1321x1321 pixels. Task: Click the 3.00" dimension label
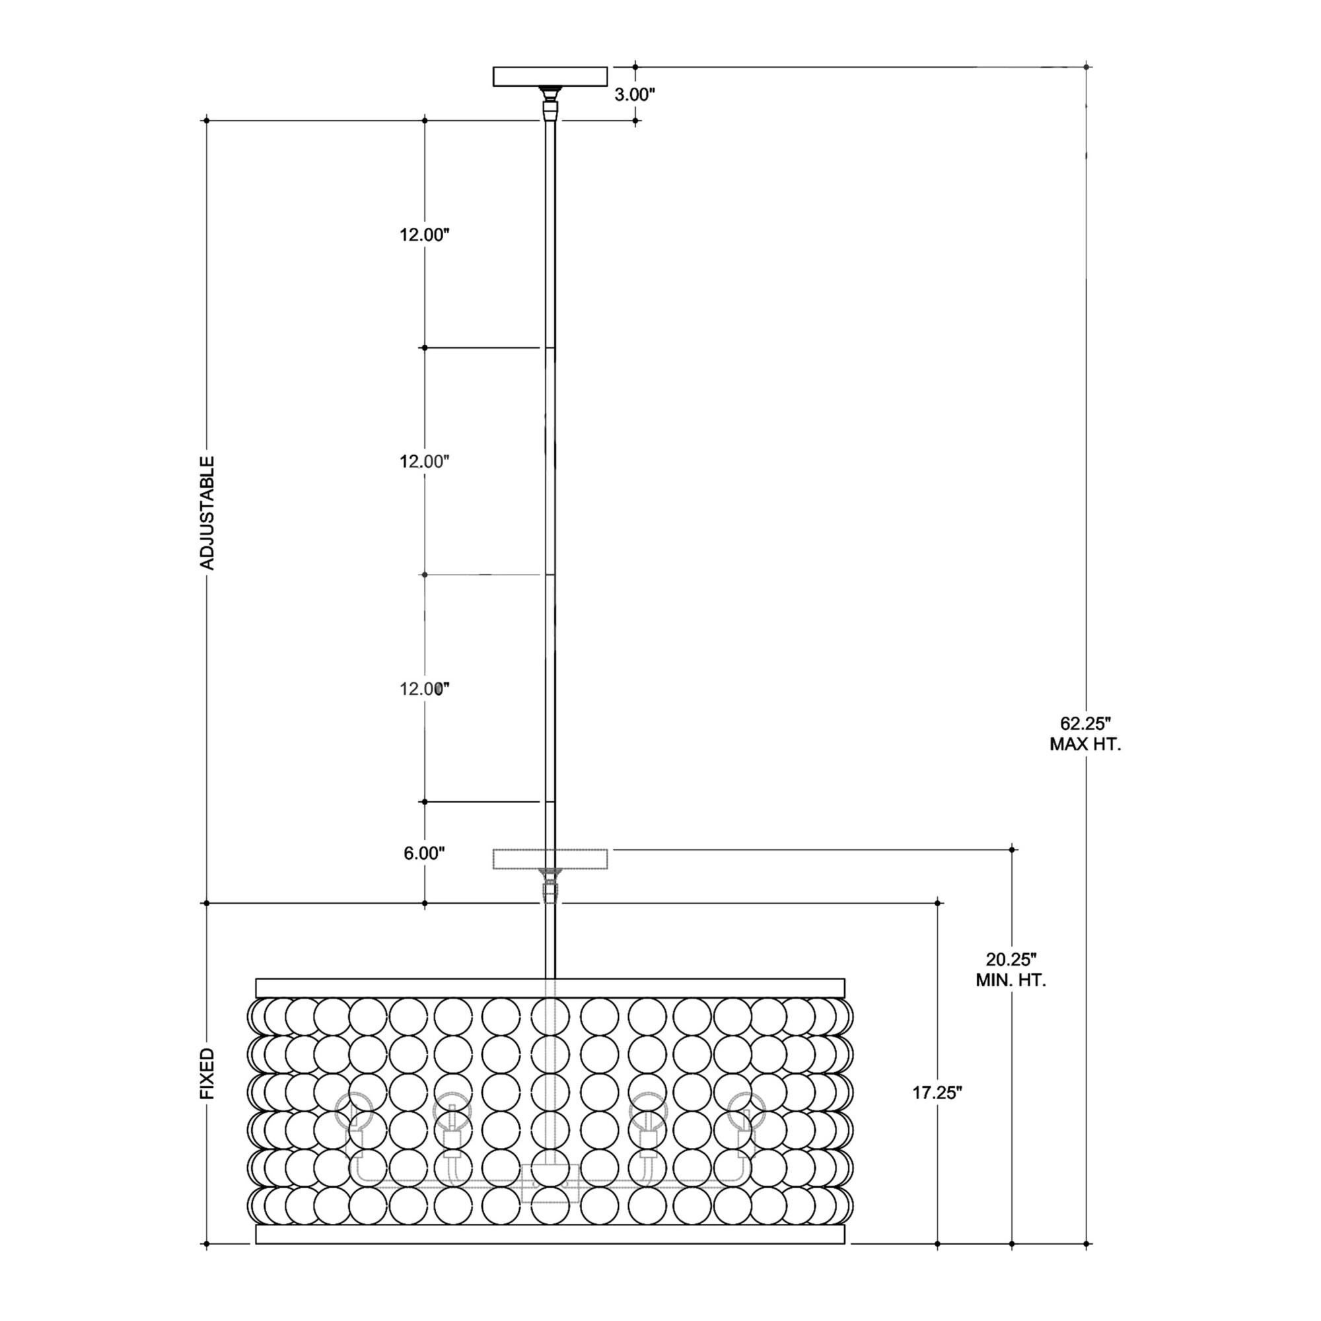pyautogui.click(x=635, y=95)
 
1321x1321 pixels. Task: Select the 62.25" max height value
pyautogui.click(x=1085, y=723)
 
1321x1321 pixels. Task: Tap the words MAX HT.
pyautogui.click(x=1085, y=744)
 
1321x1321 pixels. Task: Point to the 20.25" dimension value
pyautogui.click(x=1011, y=958)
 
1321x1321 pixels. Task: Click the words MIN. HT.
pyautogui.click(x=1011, y=980)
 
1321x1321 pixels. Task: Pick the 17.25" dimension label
pyautogui.click(x=937, y=1112)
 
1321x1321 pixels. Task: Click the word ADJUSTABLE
pyautogui.click(x=207, y=513)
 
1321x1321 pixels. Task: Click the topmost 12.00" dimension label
pyautogui.click(x=424, y=234)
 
